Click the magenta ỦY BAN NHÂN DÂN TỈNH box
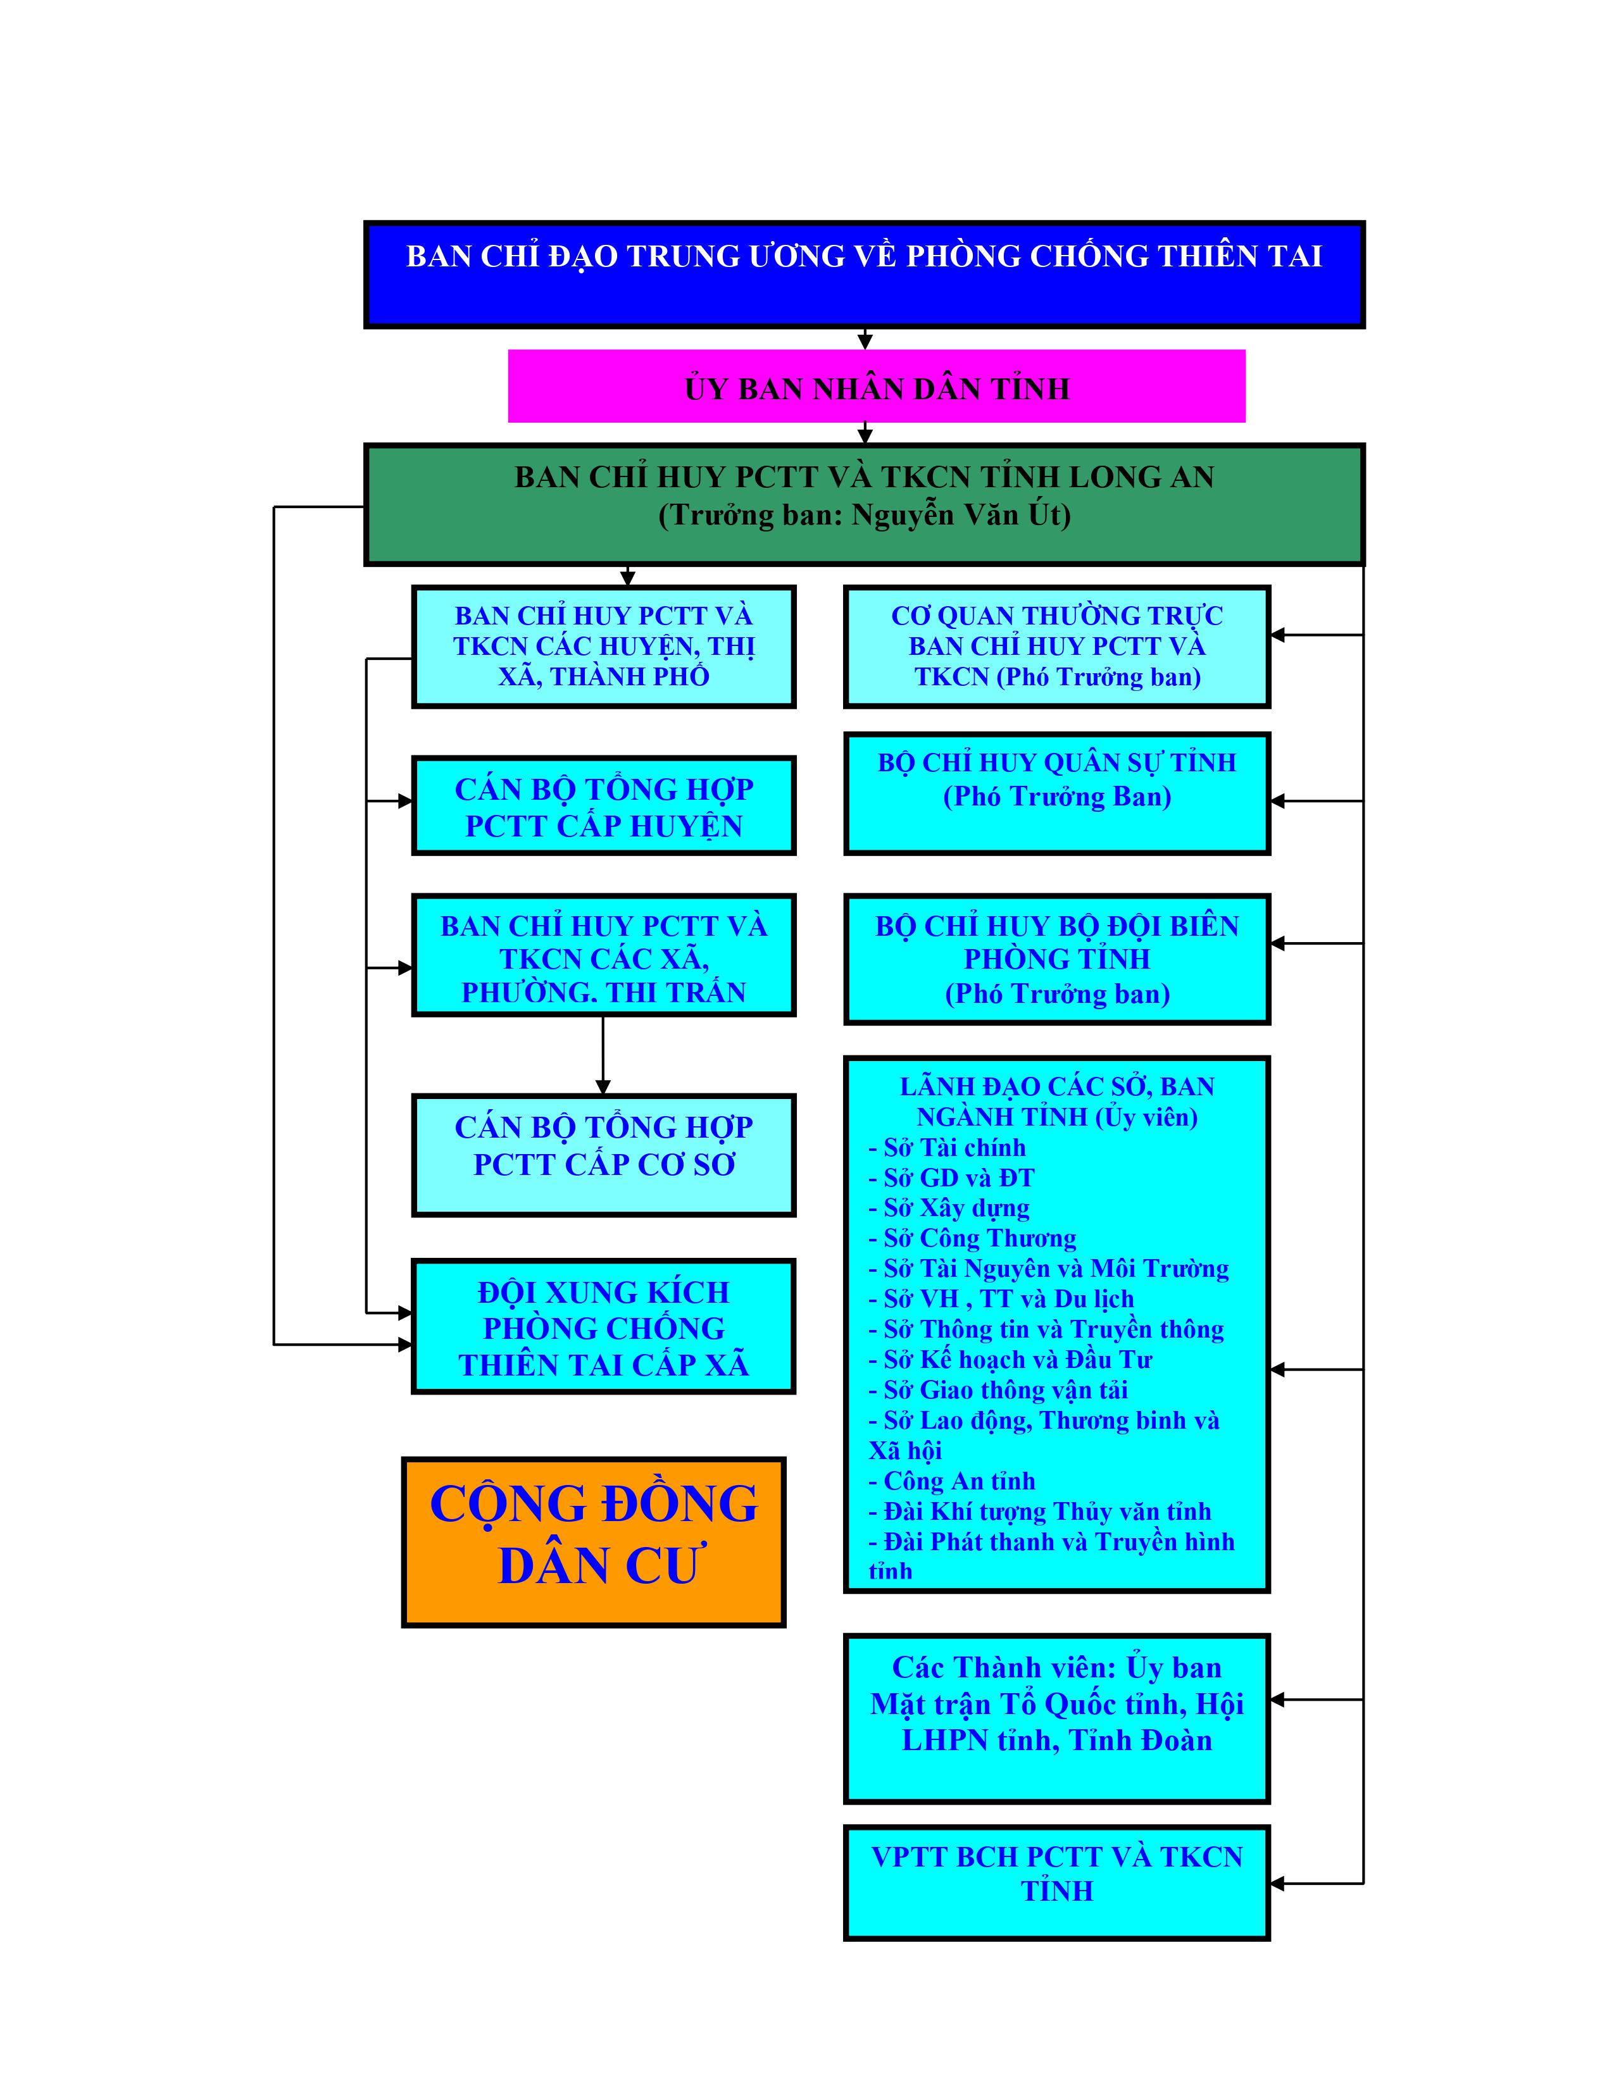pyautogui.click(x=876, y=386)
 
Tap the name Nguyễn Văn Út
pyautogui.click(x=957, y=515)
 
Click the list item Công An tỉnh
pyautogui.click(x=958, y=1481)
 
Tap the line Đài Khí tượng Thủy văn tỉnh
pyautogui.click(x=1046, y=1512)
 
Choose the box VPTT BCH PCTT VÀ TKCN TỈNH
pyautogui.click(x=1056, y=1882)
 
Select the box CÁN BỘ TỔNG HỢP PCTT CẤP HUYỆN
pyautogui.click(x=603, y=806)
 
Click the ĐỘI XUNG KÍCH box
pyautogui.click(x=603, y=1327)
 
